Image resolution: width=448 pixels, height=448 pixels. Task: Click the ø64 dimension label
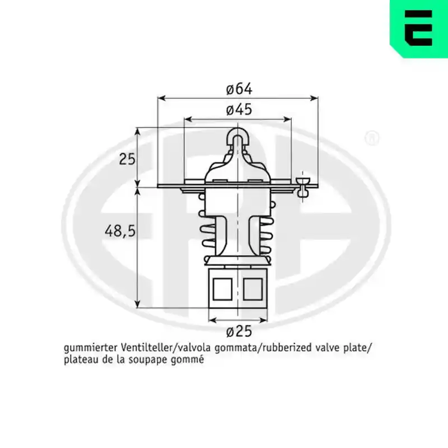pyautogui.click(x=239, y=89)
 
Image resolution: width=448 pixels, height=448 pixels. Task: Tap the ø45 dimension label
pyautogui.click(x=239, y=109)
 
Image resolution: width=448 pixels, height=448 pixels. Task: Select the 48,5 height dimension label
pyautogui.click(x=120, y=231)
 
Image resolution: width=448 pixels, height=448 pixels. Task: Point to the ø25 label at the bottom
pyautogui.click(x=239, y=332)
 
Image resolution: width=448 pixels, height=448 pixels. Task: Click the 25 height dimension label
pyautogui.click(x=127, y=159)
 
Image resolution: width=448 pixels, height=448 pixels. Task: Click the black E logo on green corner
pyautogui.click(x=418, y=28)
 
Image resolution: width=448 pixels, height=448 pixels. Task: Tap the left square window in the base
pyautogui.click(x=222, y=288)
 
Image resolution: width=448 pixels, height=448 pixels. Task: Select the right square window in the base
pyautogui.click(x=253, y=288)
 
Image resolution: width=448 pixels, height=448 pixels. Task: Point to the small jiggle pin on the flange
pyautogui.click(x=303, y=187)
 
